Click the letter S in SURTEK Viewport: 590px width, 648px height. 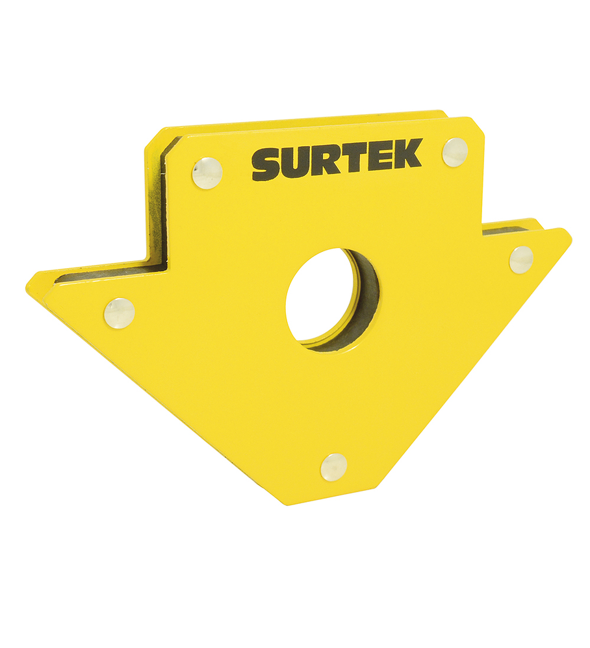[x=267, y=164]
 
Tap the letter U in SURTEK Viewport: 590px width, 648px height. [x=298, y=162]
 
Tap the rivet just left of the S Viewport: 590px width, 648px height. [x=207, y=173]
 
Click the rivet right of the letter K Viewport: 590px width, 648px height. [x=455, y=152]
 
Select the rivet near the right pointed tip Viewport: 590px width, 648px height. [x=521, y=259]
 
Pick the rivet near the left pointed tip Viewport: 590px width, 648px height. [x=120, y=313]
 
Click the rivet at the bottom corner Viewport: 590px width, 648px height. [x=333, y=467]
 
